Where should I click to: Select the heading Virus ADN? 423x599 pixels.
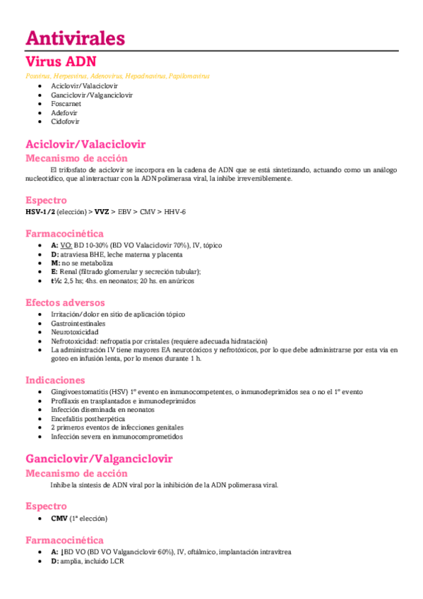[x=61, y=61]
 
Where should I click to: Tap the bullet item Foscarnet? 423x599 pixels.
[x=65, y=103]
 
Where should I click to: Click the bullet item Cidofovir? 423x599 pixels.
[x=64, y=121]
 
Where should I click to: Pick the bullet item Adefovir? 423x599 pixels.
[x=64, y=112]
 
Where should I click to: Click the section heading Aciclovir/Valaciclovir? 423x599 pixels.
[x=85, y=144]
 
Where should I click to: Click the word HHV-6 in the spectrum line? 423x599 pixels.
[x=177, y=212]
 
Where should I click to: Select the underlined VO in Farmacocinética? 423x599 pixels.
[x=66, y=244]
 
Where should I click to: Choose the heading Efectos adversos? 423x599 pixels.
[x=66, y=302]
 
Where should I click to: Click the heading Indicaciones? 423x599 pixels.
[x=55, y=380]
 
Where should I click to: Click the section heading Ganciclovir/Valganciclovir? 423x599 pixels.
[x=99, y=459]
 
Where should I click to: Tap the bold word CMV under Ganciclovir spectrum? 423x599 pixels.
[x=59, y=518]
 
